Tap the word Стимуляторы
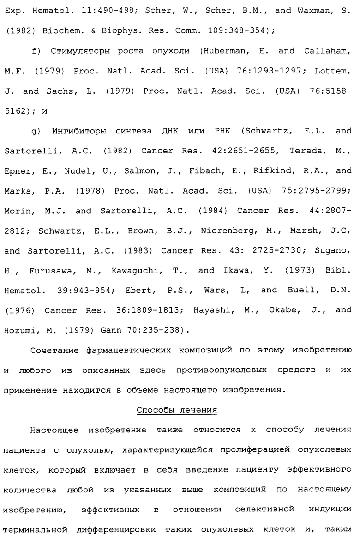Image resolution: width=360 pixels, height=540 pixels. pyautogui.click(x=68, y=51)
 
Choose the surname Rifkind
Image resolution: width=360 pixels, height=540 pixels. pyautogui.click(x=274, y=171)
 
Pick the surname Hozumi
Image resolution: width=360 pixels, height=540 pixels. pyautogui.click(x=19, y=331)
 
